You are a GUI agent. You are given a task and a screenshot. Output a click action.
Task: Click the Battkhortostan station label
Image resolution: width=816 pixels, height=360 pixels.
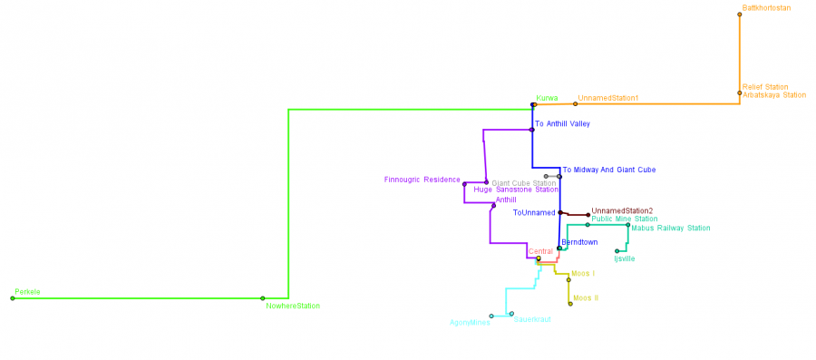[766, 8]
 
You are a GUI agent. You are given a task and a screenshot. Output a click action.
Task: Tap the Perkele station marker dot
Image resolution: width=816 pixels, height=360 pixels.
[13, 298]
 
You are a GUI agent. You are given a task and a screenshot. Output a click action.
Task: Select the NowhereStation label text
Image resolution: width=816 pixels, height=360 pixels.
[293, 306]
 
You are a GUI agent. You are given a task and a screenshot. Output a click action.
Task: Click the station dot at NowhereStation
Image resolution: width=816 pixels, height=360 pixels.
[262, 298]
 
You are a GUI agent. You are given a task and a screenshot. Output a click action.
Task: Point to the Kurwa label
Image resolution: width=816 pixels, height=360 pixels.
[547, 98]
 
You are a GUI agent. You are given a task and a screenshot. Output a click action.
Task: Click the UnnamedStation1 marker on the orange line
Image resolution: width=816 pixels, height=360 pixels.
[575, 104]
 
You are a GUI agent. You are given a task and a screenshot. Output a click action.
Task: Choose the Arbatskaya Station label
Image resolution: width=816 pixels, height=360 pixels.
[773, 94]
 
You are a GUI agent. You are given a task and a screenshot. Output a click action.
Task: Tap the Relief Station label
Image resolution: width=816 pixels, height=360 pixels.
[765, 87]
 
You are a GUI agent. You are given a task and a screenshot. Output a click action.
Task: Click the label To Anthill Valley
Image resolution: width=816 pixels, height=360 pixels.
[562, 123]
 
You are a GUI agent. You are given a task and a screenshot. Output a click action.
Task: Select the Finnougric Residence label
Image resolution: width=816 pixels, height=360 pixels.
[422, 180]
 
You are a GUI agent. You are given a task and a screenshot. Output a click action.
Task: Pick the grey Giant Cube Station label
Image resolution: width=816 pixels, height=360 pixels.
[523, 183]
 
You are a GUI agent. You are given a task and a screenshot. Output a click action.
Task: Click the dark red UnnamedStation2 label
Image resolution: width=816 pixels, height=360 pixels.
[621, 211]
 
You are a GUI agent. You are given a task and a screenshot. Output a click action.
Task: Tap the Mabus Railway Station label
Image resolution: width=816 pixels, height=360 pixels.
[670, 229]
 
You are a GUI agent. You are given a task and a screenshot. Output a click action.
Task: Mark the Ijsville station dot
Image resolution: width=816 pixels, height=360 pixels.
[617, 251]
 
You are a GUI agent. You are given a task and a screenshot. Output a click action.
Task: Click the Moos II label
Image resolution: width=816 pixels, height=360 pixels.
[586, 297]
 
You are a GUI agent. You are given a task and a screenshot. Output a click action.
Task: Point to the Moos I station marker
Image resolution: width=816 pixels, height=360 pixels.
[568, 278]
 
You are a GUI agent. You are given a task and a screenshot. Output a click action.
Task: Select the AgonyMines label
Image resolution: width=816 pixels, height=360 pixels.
[469, 322]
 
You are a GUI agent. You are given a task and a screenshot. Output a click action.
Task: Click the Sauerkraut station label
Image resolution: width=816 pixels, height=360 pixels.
[532, 319]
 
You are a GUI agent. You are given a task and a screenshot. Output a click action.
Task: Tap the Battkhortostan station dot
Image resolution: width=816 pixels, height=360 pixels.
[740, 14]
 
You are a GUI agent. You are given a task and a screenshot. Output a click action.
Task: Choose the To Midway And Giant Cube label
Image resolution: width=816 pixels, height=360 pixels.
[608, 170]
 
